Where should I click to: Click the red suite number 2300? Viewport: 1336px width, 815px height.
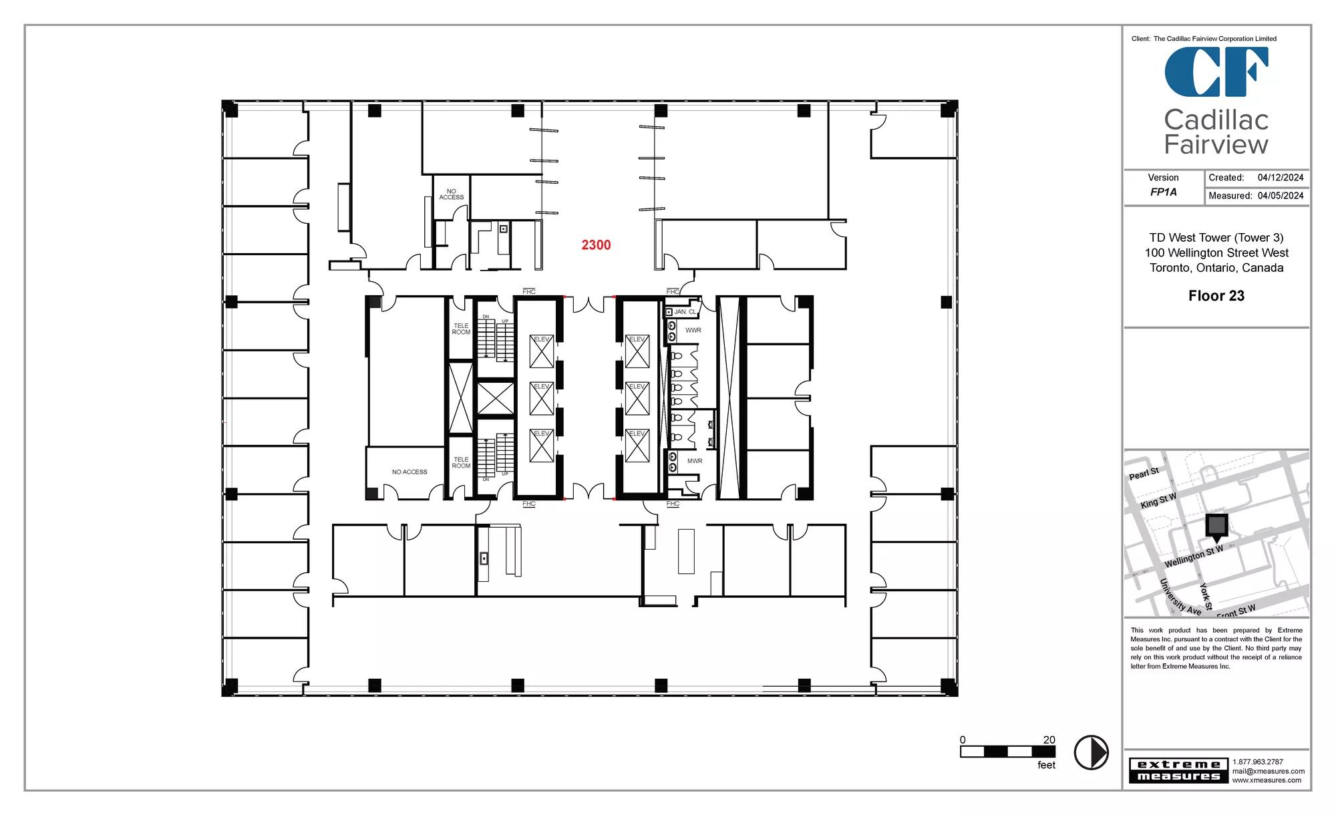pos(596,245)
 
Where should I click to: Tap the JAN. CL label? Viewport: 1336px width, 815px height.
pos(685,312)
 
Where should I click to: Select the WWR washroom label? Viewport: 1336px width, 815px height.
pos(693,331)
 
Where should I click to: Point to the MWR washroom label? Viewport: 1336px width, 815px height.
pos(695,461)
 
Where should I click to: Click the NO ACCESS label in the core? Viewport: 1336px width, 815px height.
pos(409,472)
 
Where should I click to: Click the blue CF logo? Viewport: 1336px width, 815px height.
pos(1216,72)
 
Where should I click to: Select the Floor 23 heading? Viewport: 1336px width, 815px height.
pos(1216,296)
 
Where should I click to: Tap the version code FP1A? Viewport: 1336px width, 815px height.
pos(1163,192)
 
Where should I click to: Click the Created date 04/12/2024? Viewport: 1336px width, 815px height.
pos(1281,178)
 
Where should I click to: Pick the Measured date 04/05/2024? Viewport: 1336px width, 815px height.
pos(1281,196)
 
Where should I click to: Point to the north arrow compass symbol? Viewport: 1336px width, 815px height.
pos(1091,752)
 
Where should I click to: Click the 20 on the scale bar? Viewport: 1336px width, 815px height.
pos(1049,740)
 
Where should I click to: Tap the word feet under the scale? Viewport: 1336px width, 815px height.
pos(1046,765)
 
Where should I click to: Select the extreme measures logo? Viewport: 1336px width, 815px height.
pos(1178,770)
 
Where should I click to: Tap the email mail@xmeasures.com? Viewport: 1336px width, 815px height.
pos(1269,771)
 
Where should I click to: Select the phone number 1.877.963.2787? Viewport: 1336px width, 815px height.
pos(1258,762)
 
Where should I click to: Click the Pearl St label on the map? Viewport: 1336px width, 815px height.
pos(1144,474)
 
